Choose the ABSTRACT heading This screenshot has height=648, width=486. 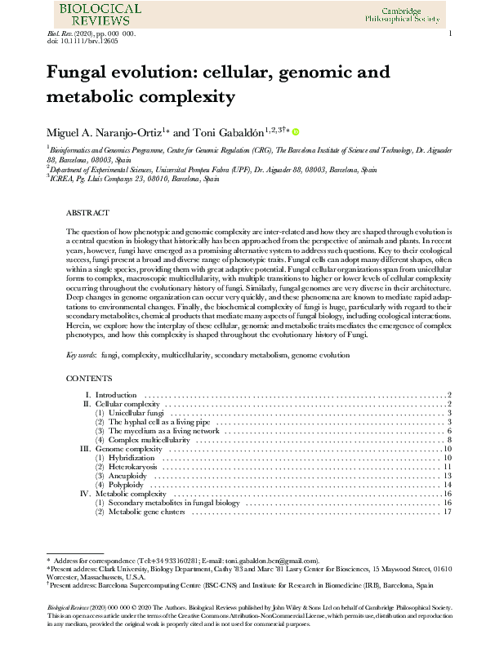pos(85,211)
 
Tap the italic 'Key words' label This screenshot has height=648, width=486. pos(80,356)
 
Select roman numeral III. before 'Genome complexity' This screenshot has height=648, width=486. pos(86,449)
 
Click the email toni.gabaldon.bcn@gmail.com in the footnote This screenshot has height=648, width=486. pos(271,561)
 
